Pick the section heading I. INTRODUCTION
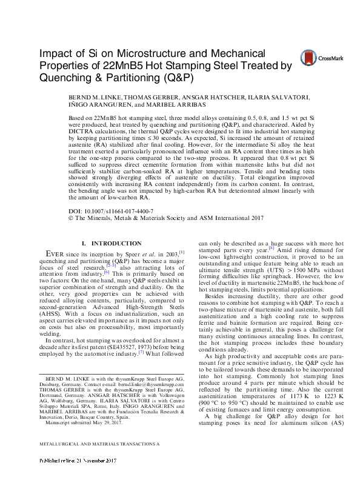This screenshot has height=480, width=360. pos(99,244)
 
